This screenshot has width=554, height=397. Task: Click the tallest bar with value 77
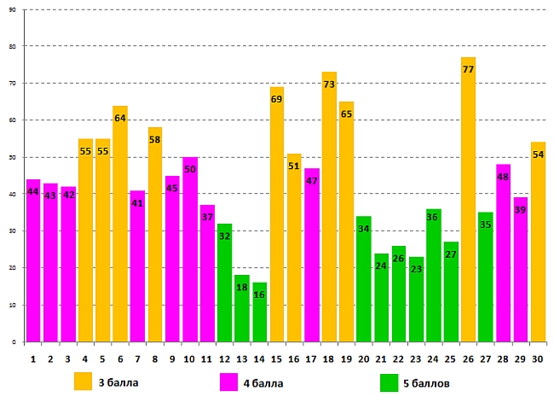pyautogui.click(x=468, y=205)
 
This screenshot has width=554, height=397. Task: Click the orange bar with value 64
pyautogui.click(x=120, y=226)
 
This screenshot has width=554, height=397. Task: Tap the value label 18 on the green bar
pyautogui.click(x=242, y=289)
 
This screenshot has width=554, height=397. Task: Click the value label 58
pyautogui.click(x=154, y=140)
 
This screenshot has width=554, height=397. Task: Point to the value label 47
pyautogui.click(x=311, y=181)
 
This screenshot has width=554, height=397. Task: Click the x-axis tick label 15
pyautogui.click(x=277, y=359)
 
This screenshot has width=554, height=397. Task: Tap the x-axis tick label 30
pyautogui.click(x=538, y=359)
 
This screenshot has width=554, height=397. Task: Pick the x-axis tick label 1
pyautogui.click(x=33, y=359)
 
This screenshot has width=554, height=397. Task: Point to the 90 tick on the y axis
pyautogui.click(x=13, y=9)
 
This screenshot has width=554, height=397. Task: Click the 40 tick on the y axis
pyautogui.click(x=13, y=194)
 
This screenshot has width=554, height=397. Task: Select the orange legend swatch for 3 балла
pyautogui.click(x=84, y=381)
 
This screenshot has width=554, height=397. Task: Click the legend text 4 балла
pyautogui.click(x=263, y=382)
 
